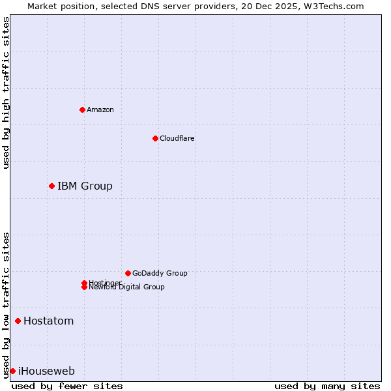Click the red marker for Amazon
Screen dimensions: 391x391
(82, 109)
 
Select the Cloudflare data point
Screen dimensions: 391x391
(155, 138)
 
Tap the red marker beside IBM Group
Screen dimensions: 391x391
(51, 186)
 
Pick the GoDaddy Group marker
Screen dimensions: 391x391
(128, 273)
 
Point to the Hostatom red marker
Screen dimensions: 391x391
(18, 321)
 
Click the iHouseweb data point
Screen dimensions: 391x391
(12, 371)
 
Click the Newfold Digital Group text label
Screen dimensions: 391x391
(126, 287)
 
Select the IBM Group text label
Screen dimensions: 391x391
(85, 186)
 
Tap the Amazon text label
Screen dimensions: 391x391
(100, 109)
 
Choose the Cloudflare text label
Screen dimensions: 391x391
(177, 138)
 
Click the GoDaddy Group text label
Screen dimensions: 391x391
(160, 273)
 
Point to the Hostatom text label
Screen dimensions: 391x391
(48, 321)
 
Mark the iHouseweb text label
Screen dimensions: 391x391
(46, 371)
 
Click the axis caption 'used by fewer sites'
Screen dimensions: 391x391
(67, 386)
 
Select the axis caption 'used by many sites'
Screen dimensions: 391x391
(327, 386)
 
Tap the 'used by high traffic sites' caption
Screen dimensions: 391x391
(7, 93)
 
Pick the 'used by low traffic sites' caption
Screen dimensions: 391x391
(7, 304)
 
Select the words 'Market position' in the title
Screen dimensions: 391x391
(57, 6)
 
